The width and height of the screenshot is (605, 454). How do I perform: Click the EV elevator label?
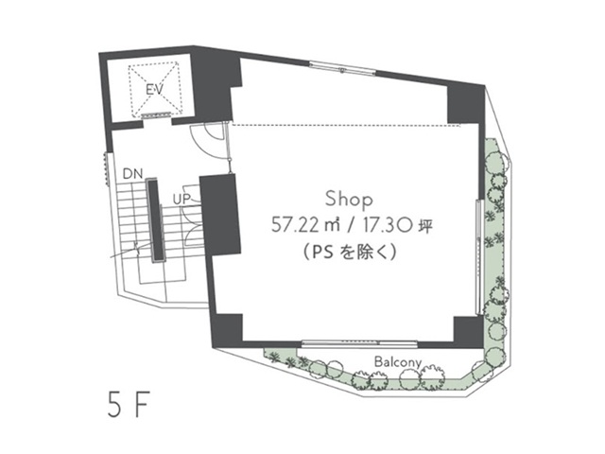click(x=154, y=90)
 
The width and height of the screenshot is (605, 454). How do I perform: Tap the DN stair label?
click(x=132, y=174)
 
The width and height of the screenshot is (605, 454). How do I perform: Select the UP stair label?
click(x=181, y=200)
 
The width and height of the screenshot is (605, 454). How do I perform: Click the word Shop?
click(x=349, y=200)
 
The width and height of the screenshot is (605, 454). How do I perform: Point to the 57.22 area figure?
click(x=296, y=225)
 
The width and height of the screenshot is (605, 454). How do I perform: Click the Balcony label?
click(x=397, y=362)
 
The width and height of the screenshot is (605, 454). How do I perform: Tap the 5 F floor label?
click(x=129, y=405)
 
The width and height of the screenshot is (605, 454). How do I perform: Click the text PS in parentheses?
click(x=322, y=253)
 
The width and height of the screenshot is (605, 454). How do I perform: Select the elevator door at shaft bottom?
click(x=156, y=114)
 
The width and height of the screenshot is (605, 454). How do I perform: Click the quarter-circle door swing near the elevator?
click(x=207, y=141)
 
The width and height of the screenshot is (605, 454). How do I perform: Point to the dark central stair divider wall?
click(x=156, y=220)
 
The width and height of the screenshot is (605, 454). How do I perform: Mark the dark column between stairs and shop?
click(x=220, y=215)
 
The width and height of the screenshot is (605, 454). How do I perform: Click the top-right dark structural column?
click(x=466, y=104)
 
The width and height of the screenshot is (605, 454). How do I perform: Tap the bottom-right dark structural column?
click(x=468, y=331)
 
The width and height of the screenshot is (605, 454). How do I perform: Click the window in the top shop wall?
click(x=342, y=68)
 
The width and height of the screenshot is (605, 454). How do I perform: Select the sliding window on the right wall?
click(x=479, y=256)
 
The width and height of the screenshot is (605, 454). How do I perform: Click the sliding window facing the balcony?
click(x=359, y=342)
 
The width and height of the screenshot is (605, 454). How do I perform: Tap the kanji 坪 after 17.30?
click(x=425, y=225)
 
